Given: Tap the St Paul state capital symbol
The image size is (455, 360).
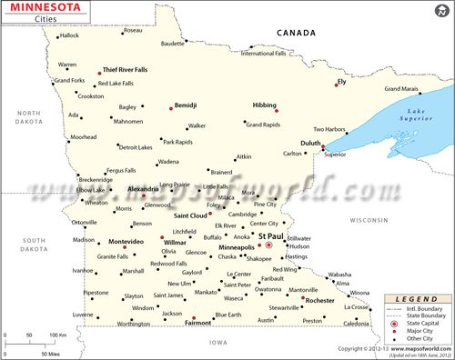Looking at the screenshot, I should tap(268, 245).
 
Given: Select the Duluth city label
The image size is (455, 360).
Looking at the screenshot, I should tap(310, 143).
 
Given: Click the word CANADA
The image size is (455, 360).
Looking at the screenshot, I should tap(298, 33).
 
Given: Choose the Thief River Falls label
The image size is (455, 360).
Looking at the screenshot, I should tap(126, 69).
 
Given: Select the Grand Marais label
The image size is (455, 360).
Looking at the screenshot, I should tap(401, 89).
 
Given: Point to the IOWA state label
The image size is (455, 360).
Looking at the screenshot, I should tap(218, 342).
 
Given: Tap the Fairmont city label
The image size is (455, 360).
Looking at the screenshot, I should tap(198, 322).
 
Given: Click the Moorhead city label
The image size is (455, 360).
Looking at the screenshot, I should tap(84, 137).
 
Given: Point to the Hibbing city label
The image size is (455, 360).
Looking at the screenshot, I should tap(265, 105).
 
